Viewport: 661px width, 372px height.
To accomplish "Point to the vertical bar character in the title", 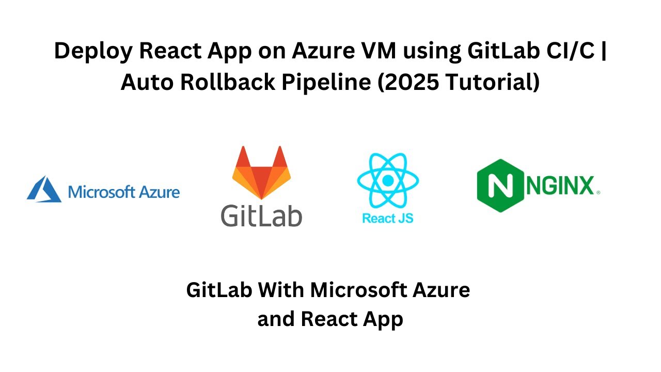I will (x=604, y=52).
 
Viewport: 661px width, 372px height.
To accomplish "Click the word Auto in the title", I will (x=145, y=83).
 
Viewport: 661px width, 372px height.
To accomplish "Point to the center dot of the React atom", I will (x=387, y=181).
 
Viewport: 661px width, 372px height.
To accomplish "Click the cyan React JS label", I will (x=387, y=218).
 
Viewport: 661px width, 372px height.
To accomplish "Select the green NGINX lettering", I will (x=560, y=186).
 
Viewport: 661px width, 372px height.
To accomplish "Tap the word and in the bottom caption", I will (x=276, y=319).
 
